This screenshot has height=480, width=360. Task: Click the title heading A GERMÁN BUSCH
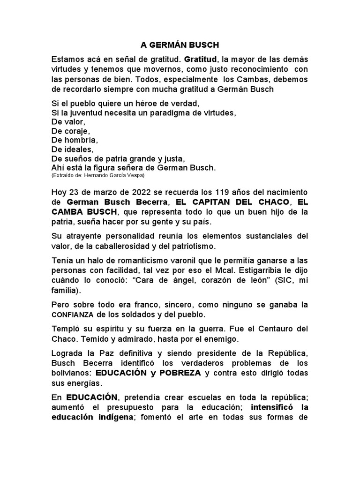180,45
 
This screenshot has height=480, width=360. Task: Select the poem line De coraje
70,131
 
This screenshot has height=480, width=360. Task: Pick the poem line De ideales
72,150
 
